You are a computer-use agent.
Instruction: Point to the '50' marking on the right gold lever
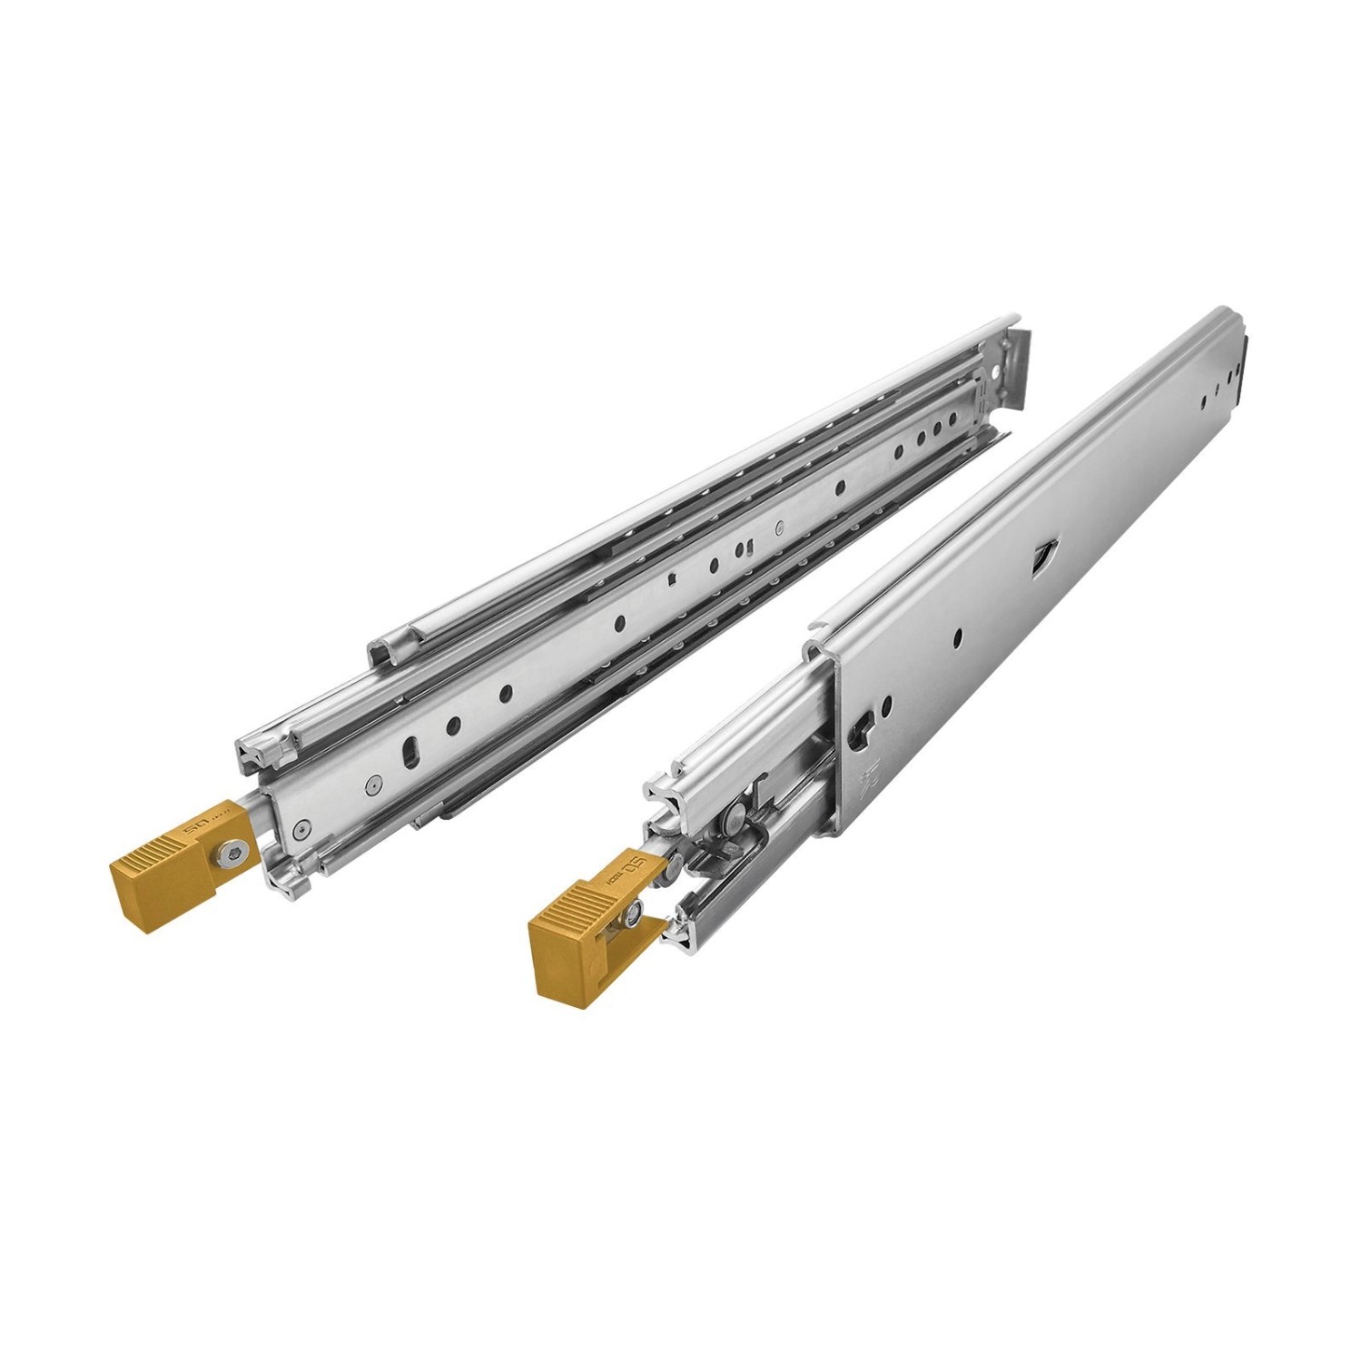click(636, 862)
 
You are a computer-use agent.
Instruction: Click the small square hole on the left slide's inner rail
click(669, 579)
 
